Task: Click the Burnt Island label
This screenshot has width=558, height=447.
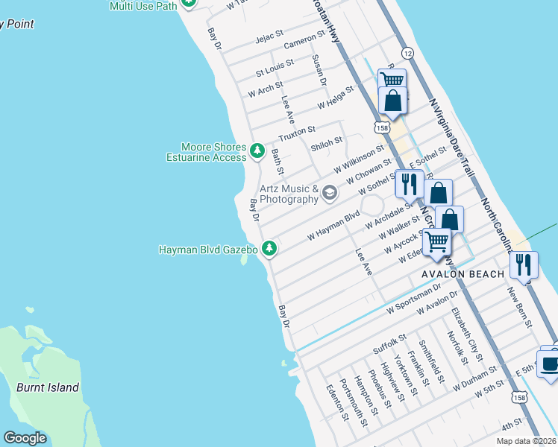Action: [x=48, y=387]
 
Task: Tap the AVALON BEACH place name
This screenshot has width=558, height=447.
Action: [x=463, y=274]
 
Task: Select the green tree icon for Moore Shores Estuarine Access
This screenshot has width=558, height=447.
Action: [x=257, y=152]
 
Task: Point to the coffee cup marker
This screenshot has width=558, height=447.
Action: [x=551, y=364]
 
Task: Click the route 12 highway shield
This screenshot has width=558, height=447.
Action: [x=407, y=53]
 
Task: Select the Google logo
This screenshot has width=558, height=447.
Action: [x=25, y=438]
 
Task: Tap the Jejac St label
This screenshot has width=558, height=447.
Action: [x=269, y=35]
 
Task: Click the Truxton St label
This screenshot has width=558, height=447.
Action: [x=298, y=134]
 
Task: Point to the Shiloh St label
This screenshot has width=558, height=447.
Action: [x=326, y=140]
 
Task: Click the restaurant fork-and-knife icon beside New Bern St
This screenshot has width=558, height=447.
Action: [x=524, y=264]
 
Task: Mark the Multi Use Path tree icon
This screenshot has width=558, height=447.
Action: [x=189, y=4]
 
